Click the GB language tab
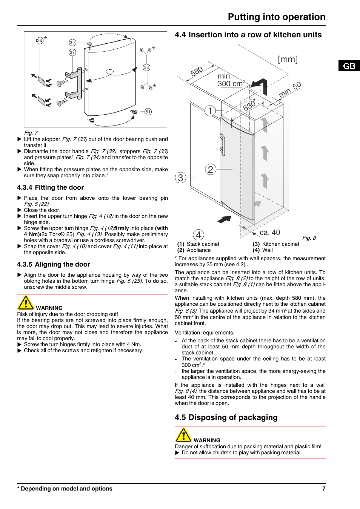tap(349, 66)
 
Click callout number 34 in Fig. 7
tap(40, 40)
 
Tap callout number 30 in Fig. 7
tap(72, 43)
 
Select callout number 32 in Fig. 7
tap(72, 52)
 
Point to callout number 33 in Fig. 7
tap(146, 67)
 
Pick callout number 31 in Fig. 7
tap(148, 112)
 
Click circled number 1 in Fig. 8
tap(210, 110)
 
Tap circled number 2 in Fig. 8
tap(211, 169)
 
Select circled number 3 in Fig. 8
tap(180, 178)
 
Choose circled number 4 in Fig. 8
tap(198, 235)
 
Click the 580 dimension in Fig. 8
tap(197, 72)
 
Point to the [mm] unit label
tap(288, 60)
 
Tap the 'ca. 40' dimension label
tap(270, 233)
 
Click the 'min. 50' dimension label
tap(290, 90)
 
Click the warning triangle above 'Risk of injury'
tap(26, 303)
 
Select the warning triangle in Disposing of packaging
tap(183, 435)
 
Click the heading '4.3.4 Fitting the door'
tap(51, 187)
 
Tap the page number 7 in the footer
tap(324, 489)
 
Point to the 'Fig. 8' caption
tap(309, 238)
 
